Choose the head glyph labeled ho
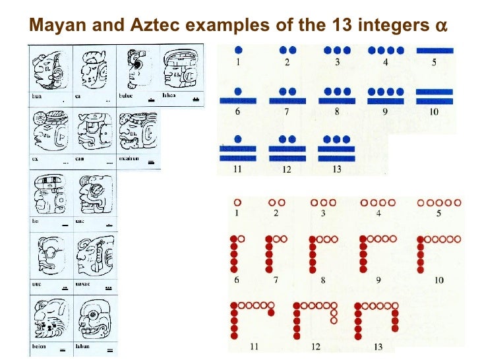(48, 196)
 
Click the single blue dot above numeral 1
(238, 50)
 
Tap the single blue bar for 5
(435, 50)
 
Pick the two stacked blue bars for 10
(435, 98)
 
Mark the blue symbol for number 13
(336, 148)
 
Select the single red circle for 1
(238, 202)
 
